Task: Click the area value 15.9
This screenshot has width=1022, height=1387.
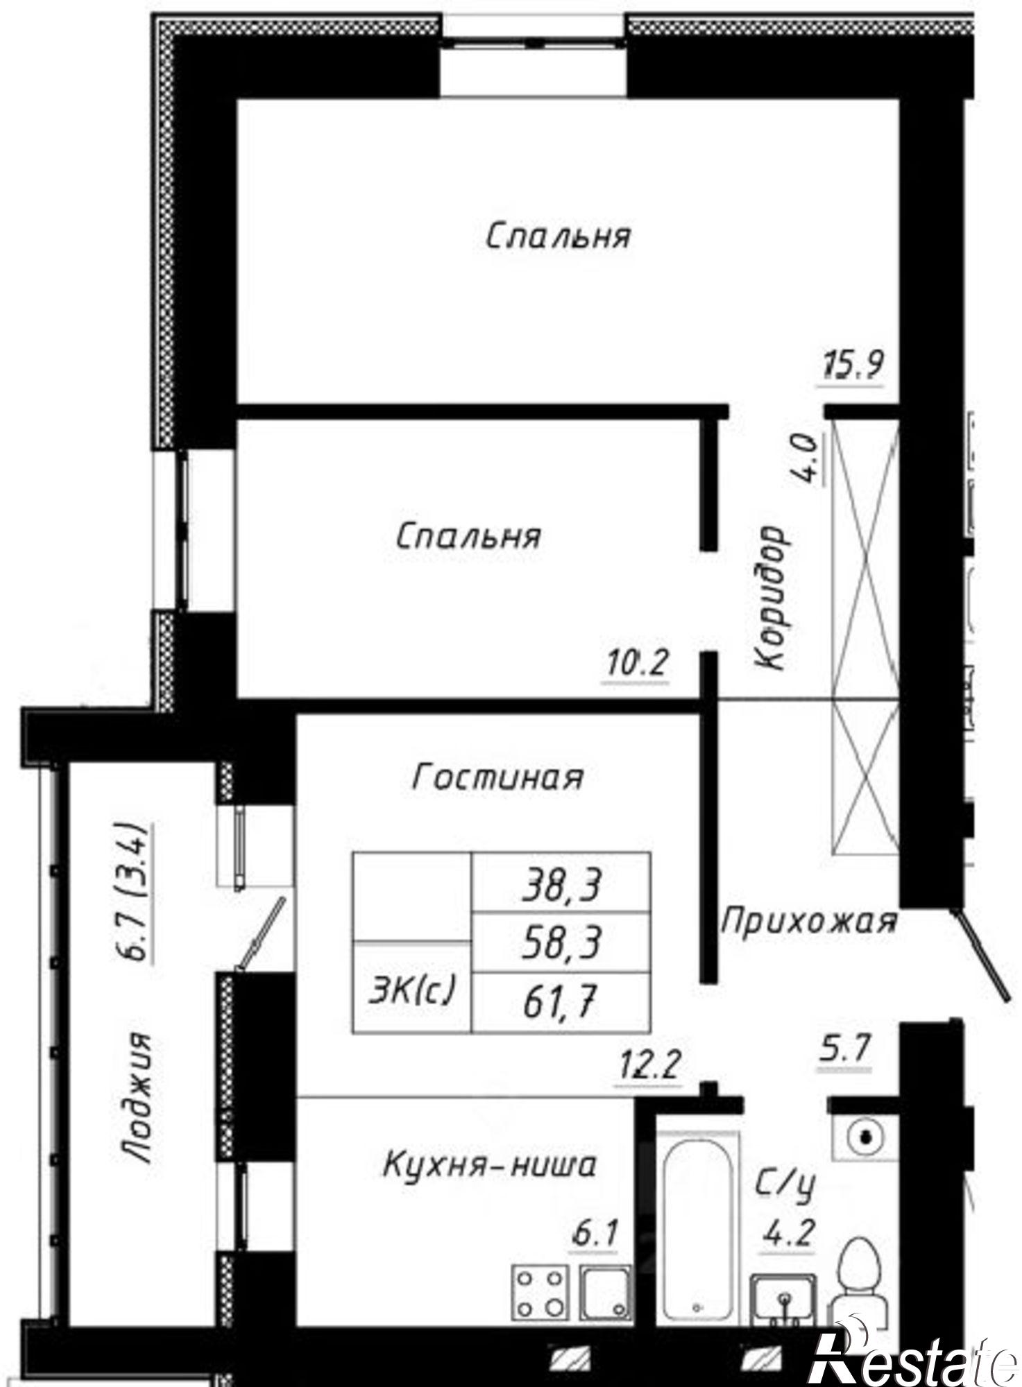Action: pos(853,364)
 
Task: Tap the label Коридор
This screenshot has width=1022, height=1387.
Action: pos(772,598)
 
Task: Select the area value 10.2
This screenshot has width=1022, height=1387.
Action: pos(636,664)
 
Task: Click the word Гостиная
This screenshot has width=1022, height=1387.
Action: pos(497,777)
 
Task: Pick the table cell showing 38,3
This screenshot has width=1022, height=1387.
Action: pos(561,885)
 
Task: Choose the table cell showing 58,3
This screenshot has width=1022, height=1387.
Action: pos(561,943)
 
